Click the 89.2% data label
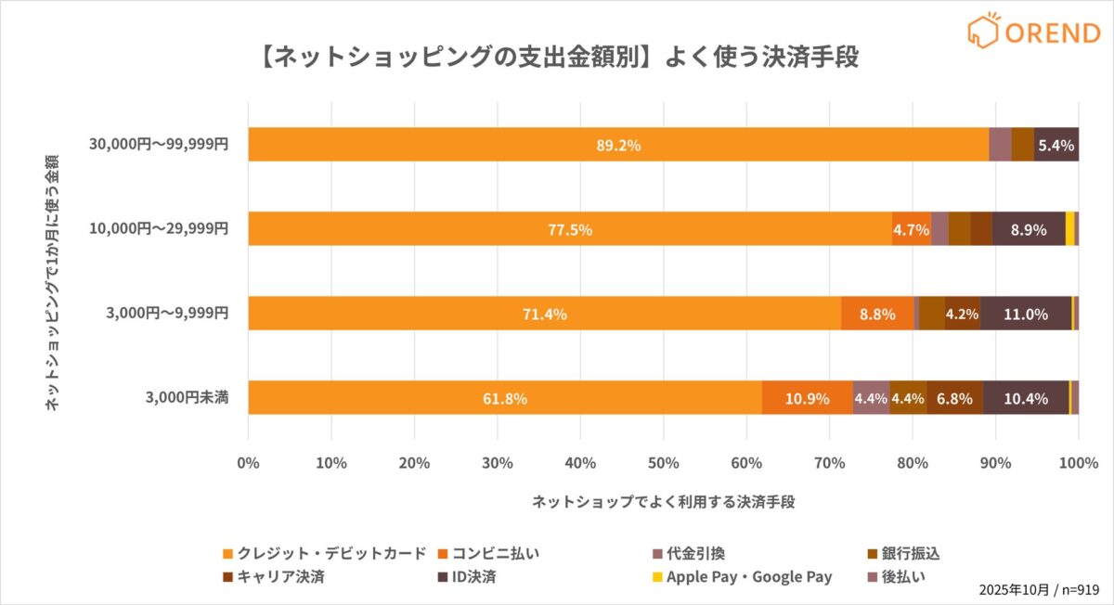click(x=618, y=146)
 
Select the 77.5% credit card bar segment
click(x=569, y=229)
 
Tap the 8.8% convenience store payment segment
click(x=877, y=314)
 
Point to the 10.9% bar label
click(x=807, y=399)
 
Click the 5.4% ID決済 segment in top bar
click(x=1056, y=146)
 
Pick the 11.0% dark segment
click(x=1026, y=314)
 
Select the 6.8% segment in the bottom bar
click(x=954, y=399)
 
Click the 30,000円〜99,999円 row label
click(x=159, y=145)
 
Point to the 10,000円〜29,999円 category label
click(x=159, y=229)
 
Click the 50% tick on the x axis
click(x=663, y=462)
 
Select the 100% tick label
click(x=1077, y=462)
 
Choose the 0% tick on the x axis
click(x=248, y=462)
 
